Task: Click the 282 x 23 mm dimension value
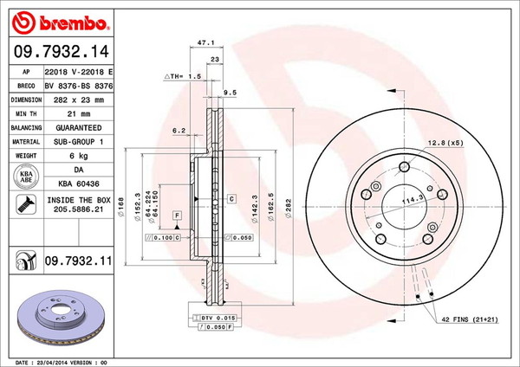coord(80,100)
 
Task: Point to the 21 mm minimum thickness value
coord(80,113)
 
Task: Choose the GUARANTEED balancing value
coord(80,127)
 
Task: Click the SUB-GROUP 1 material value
coord(80,140)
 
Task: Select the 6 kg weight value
coord(80,156)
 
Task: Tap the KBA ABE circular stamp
coord(27,177)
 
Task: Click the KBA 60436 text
coord(80,184)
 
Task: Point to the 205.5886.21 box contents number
coord(80,209)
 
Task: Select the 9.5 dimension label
coord(231,93)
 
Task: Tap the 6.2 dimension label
coord(179,130)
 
